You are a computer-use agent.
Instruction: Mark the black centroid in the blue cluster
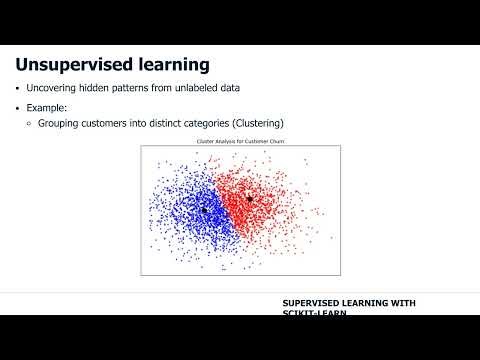(x=204, y=211)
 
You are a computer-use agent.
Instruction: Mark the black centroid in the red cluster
(x=250, y=199)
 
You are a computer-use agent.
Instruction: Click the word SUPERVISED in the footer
(x=314, y=303)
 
